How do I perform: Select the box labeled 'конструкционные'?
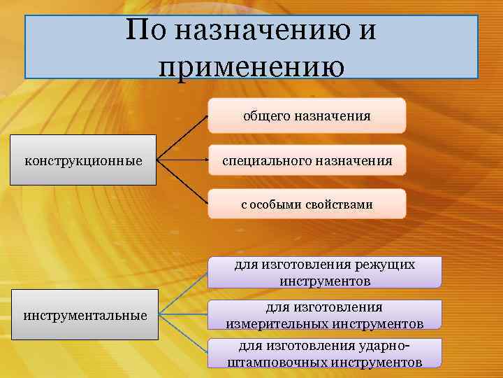coord(83,160)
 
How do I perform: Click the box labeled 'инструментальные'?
coord(85,315)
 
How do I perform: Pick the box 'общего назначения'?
coord(307,115)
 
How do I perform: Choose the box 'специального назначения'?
coord(307,160)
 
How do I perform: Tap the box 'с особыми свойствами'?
coord(307,204)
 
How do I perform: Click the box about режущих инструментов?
coord(324,272)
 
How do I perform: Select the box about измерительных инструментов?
coord(324,315)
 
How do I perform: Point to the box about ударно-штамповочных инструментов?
coord(324,353)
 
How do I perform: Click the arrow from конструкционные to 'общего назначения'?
coord(183,137)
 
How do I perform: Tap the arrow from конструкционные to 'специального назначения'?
coord(183,160)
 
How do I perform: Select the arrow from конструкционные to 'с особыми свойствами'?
coord(183,183)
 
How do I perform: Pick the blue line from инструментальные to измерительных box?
coord(183,315)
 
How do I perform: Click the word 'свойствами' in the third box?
coord(342,204)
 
